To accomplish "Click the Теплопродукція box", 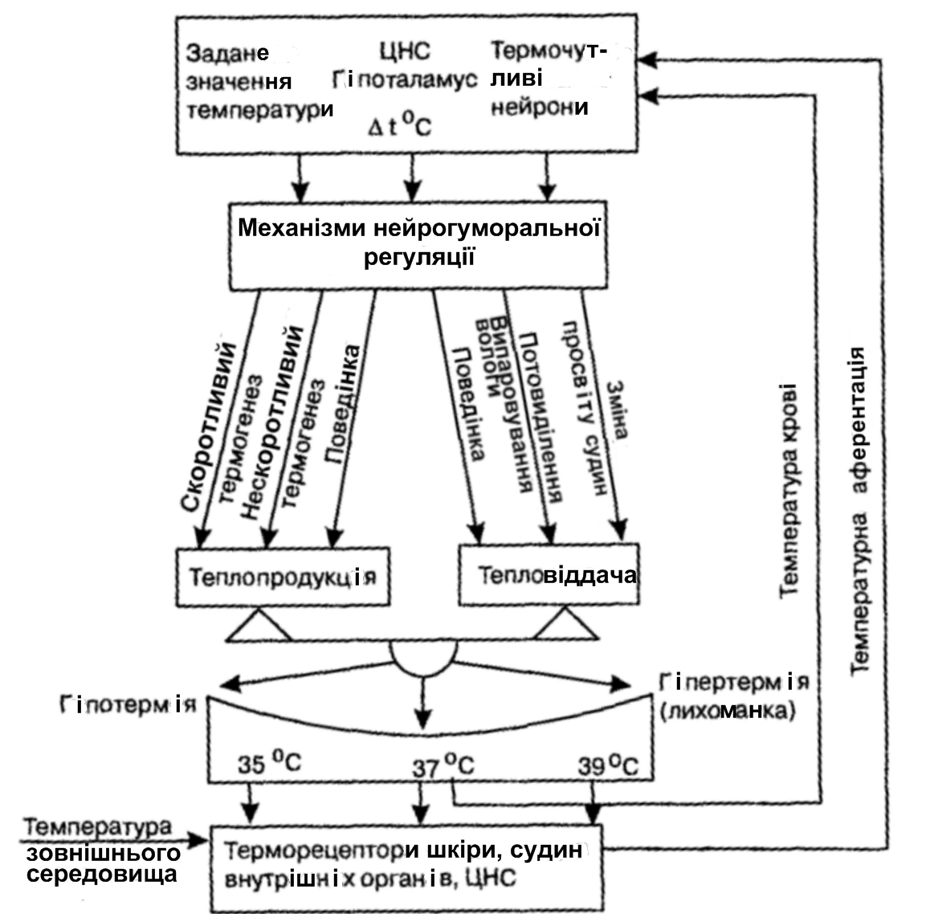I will (282, 577).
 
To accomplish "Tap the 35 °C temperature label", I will (268, 764).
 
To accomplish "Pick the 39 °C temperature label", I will (607, 765).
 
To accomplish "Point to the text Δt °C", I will (399, 125).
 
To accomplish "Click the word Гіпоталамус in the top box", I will (405, 81).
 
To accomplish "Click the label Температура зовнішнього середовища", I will (99, 851).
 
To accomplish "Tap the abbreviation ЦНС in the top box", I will (404, 52).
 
